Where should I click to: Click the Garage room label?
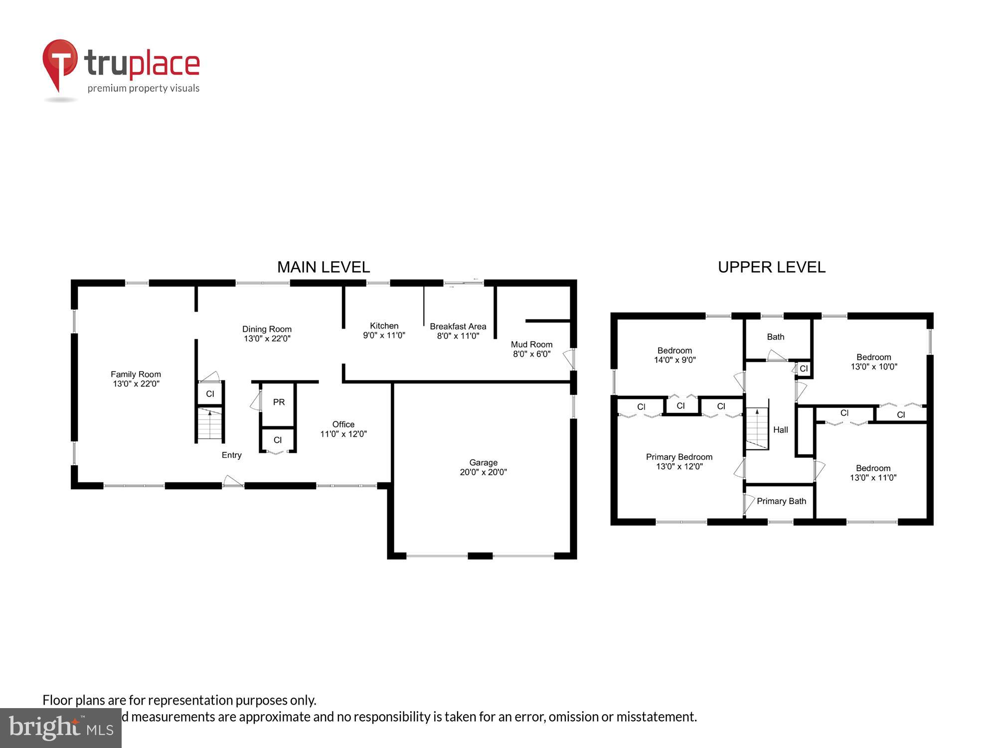coord(483,462)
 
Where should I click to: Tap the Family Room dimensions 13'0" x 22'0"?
coord(136,383)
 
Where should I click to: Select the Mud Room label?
coord(531,344)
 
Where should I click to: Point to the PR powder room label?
coord(279,402)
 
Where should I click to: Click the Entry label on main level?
coord(231,455)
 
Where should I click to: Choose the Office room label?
coord(343,424)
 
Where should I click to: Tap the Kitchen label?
coord(384,326)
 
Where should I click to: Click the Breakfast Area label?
coord(458,326)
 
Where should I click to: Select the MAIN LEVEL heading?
coord(324,267)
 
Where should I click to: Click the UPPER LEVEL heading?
coord(771,267)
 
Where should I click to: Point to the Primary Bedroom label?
coord(679,457)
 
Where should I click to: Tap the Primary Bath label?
coord(781,501)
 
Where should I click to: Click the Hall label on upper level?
coord(780,430)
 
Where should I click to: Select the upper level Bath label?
coord(775,337)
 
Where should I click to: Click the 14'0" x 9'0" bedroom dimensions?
coord(674,360)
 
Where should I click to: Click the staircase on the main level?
coord(209,424)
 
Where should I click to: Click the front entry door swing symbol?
coord(233,481)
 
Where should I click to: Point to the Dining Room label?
coord(267,329)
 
